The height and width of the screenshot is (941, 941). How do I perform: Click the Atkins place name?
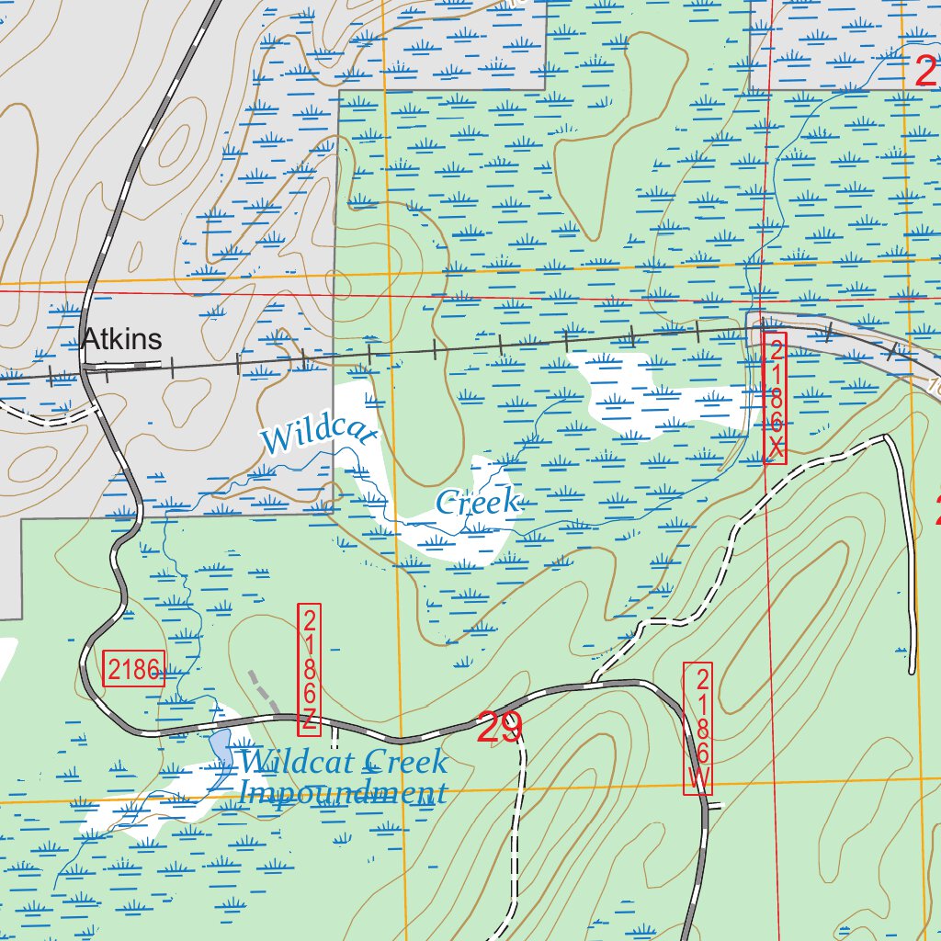click(x=121, y=339)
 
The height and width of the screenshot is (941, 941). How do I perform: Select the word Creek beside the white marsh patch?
click(x=478, y=502)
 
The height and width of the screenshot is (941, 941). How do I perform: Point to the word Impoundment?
click(x=342, y=792)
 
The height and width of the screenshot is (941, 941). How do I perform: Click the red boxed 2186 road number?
click(x=134, y=670)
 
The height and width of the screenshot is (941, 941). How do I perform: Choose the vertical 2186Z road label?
click(x=310, y=669)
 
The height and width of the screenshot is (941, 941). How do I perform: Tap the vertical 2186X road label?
click(x=776, y=398)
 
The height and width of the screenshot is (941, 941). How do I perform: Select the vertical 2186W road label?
click(x=698, y=728)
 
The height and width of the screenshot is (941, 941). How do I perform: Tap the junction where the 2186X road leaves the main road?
click(x=595, y=683)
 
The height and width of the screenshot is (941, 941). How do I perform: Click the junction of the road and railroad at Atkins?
click(x=85, y=368)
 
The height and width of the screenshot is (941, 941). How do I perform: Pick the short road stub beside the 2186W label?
click(x=716, y=806)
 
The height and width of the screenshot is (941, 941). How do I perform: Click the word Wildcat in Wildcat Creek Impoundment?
click(x=298, y=762)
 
